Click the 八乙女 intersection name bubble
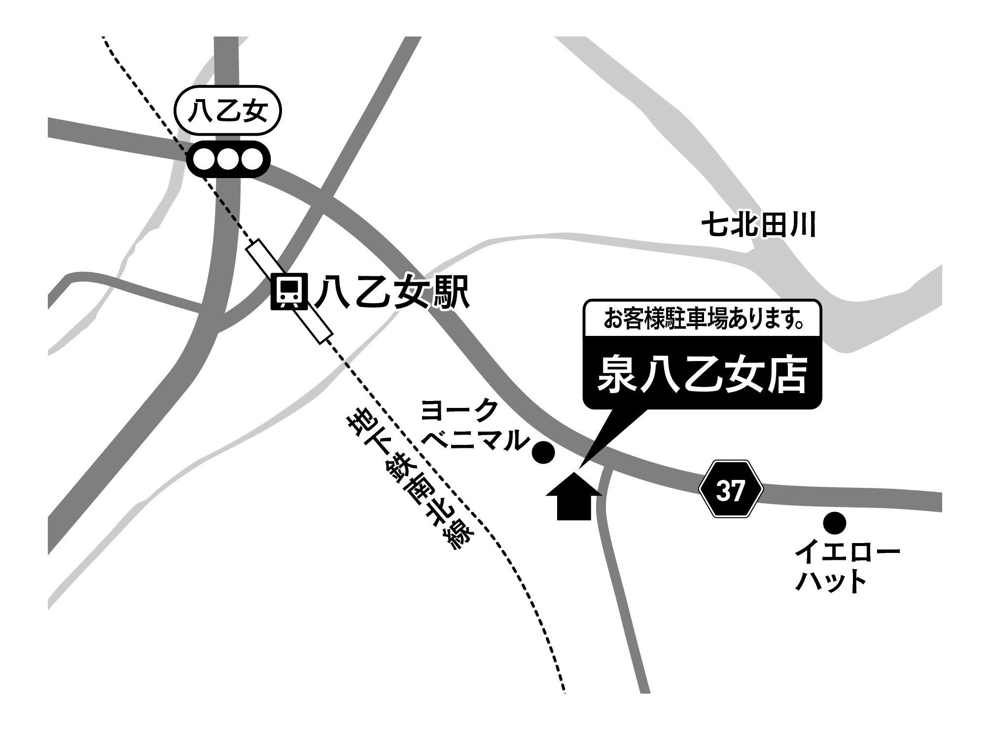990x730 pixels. [228, 113]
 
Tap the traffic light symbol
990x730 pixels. [229, 159]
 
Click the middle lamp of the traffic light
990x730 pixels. [229, 159]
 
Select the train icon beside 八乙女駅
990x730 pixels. [290, 292]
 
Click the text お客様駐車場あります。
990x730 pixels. [703, 320]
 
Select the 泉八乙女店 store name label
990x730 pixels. [703, 375]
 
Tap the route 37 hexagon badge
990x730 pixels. [731, 489]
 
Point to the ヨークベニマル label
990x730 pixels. [468, 425]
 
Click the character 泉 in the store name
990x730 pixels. [615, 376]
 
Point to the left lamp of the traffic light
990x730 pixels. [204, 159]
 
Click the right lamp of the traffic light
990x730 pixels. [253, 159]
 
